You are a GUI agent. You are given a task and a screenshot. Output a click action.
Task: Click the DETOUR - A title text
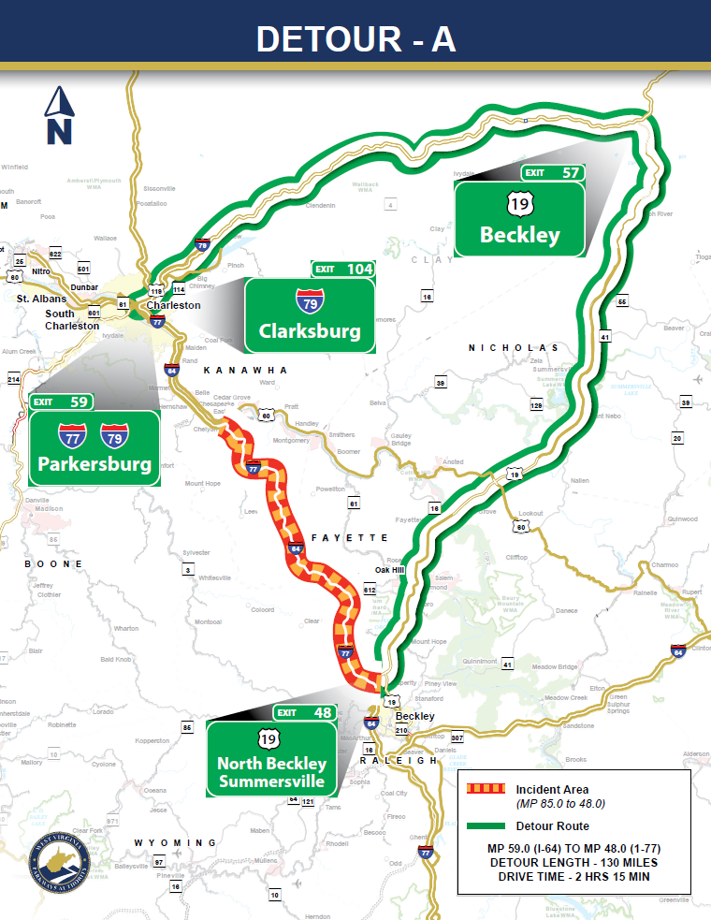(x=355, y=38)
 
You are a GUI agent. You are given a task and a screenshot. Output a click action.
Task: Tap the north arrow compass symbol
(x=59, y=116)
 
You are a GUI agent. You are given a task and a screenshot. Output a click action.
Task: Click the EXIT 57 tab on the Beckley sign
(x=553, y=172)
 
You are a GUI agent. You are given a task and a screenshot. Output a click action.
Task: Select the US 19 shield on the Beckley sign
(x=520, y=203)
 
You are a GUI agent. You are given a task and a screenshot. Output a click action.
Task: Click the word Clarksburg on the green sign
(x=310, y=331)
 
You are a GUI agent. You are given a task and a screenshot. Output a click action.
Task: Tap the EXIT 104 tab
(x=342, y=269)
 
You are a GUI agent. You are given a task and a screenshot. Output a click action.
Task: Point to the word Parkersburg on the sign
(x=94, y=464)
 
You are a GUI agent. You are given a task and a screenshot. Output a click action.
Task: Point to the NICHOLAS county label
(x=514, y=347)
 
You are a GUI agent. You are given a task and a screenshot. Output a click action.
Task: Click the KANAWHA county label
(x=246, y=371)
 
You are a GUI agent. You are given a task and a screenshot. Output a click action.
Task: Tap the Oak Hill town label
(x=390, y=570)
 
